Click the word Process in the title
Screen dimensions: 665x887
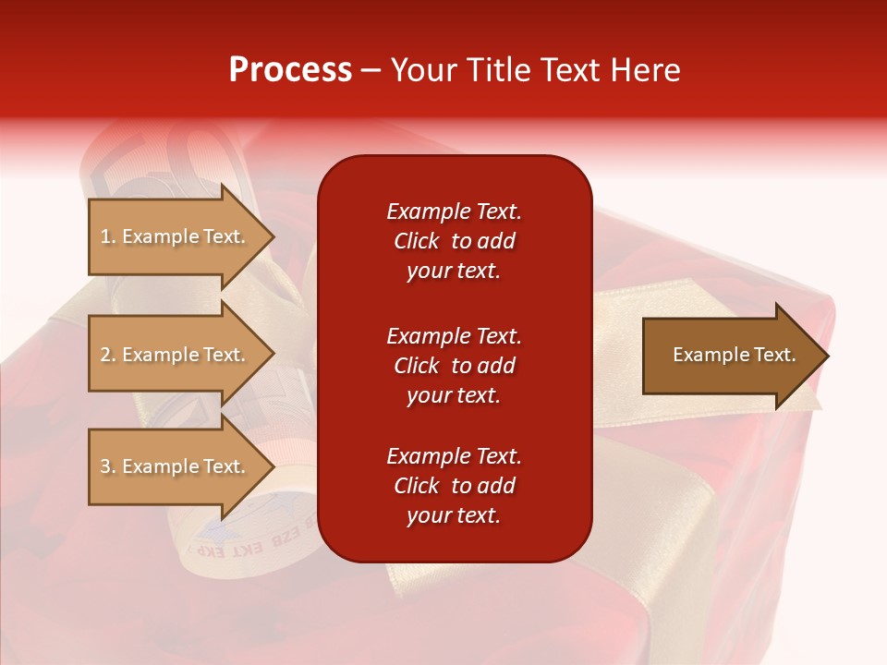290,70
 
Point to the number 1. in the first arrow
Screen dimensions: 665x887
108,236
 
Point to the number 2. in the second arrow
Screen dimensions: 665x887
108,355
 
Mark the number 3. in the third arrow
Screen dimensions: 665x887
108,466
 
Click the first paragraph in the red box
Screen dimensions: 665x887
454,241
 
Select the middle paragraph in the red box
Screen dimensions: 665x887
454,366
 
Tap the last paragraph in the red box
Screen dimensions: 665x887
454,486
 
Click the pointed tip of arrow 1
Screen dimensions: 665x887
272,237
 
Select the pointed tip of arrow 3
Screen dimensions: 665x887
272,467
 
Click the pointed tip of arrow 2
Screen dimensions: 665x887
272,355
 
